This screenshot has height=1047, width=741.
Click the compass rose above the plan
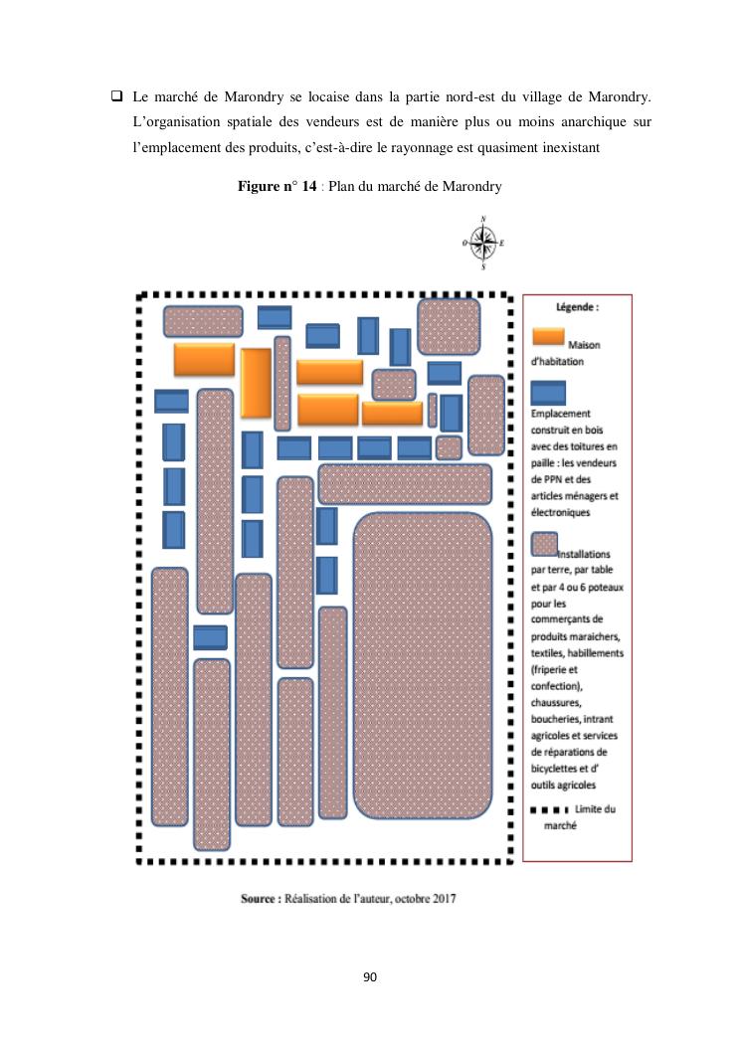tap(482, 242)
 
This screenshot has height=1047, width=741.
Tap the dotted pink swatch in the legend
tap(544, 544)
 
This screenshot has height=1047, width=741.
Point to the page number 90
tap(370, 978)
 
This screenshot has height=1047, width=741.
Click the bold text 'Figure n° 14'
tap(273, 187)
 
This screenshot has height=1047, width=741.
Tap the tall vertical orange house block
tap(256, 383)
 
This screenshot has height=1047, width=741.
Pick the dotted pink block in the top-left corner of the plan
tap(203, 321)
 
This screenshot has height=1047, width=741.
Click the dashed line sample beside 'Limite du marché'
tap(548, 809)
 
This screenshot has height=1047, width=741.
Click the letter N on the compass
tap(482, 219)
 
